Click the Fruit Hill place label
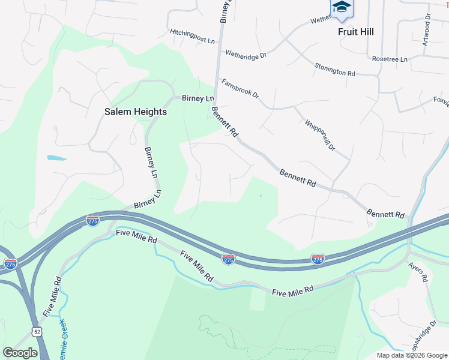click(355, 32)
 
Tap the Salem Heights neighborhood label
click(136, 112)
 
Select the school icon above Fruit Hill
click(342, 7)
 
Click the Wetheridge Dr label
click(246, 54)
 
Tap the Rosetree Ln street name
click(390, 59)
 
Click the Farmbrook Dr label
click(240, 88)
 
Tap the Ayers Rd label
click(418, 271)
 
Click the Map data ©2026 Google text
click(412, 355)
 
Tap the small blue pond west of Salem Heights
click(56, 158)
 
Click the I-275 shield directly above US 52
click(10, 264)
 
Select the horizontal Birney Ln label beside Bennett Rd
click(197, 98)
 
